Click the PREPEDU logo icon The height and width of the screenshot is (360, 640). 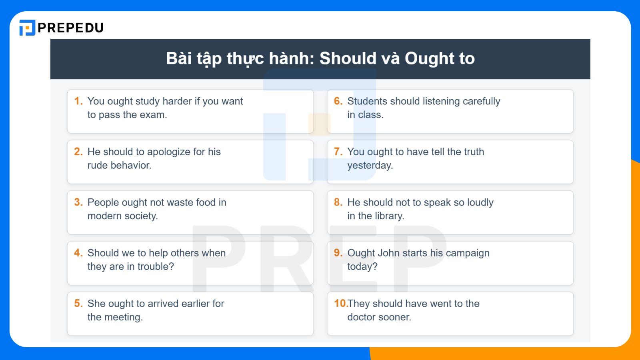pos(27,28)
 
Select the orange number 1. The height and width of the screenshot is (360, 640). pos(78,101)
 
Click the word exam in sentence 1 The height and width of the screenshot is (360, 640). pos(154,115)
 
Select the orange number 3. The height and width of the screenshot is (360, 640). pos(78,202)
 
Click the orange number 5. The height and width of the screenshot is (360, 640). pos(78,304)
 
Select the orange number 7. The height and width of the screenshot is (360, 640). pos(338,152)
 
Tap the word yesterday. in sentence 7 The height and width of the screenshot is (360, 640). pos(370,166)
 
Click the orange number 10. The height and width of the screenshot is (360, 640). pos(340,304)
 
